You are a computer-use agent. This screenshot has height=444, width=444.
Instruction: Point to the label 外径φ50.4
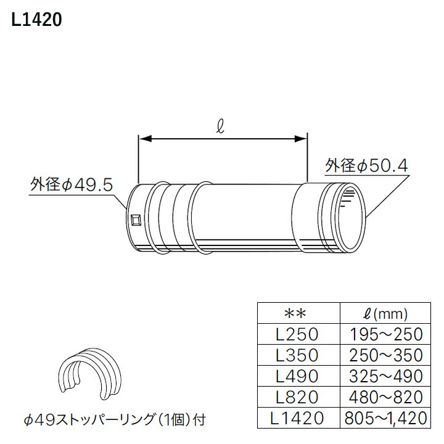point(367,165)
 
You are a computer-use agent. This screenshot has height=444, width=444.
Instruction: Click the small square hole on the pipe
point(136,218)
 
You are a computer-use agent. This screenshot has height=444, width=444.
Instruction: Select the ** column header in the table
point(297,313)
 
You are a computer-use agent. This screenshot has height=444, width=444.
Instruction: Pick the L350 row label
point(297,355)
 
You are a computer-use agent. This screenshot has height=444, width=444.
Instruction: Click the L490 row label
point(297,376)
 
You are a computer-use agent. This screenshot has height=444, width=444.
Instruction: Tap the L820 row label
point(297,397)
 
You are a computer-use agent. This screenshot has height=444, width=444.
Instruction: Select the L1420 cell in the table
point(297,418)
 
